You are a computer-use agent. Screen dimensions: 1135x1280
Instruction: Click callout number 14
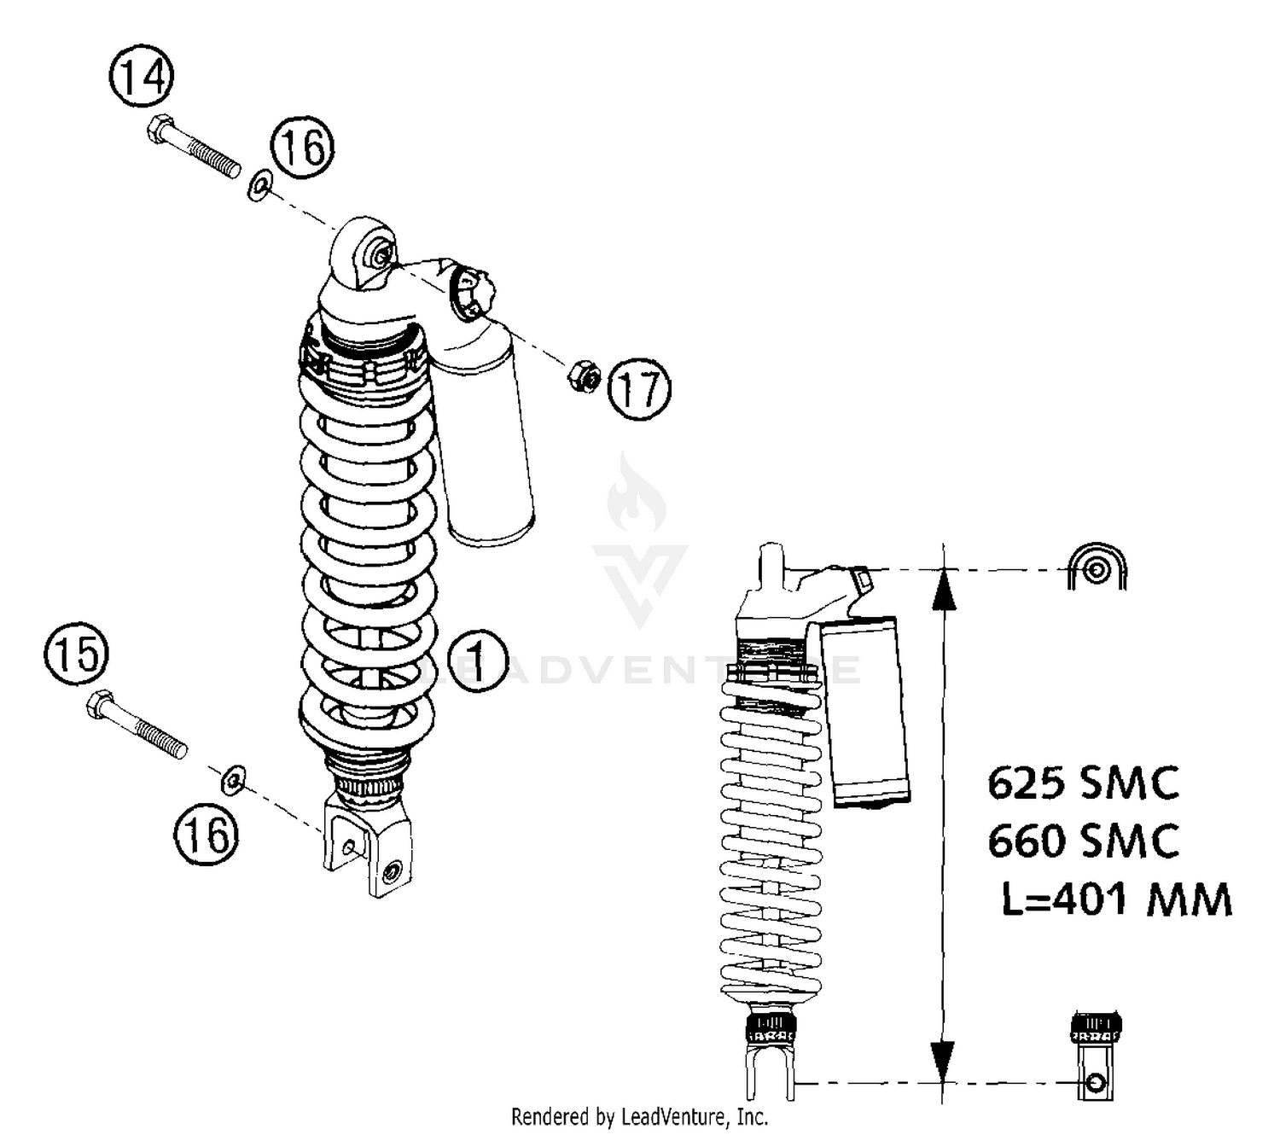click(x=142, y=78)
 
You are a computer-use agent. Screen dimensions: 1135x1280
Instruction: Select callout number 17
click(x=640, y=389)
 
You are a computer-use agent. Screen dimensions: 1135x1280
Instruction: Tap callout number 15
click(x=77, y=655)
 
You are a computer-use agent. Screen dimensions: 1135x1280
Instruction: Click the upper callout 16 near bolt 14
click(x=303, y=147)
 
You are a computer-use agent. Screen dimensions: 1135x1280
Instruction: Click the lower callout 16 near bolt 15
click(x=207, y=834)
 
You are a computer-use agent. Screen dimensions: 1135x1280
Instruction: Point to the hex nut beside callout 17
click(x=584, y=375)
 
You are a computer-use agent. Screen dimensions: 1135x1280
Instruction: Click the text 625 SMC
click(x=1083, y=783)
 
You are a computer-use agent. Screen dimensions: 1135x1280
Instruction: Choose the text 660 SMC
click(x=1083, y=841)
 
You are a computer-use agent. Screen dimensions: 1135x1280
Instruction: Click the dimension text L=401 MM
click(x=1116, y=899)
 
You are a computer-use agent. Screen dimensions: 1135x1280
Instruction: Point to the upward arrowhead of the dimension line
click(x=943, y=589)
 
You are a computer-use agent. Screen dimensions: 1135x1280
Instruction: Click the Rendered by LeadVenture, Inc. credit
click(x=639, y=1116)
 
